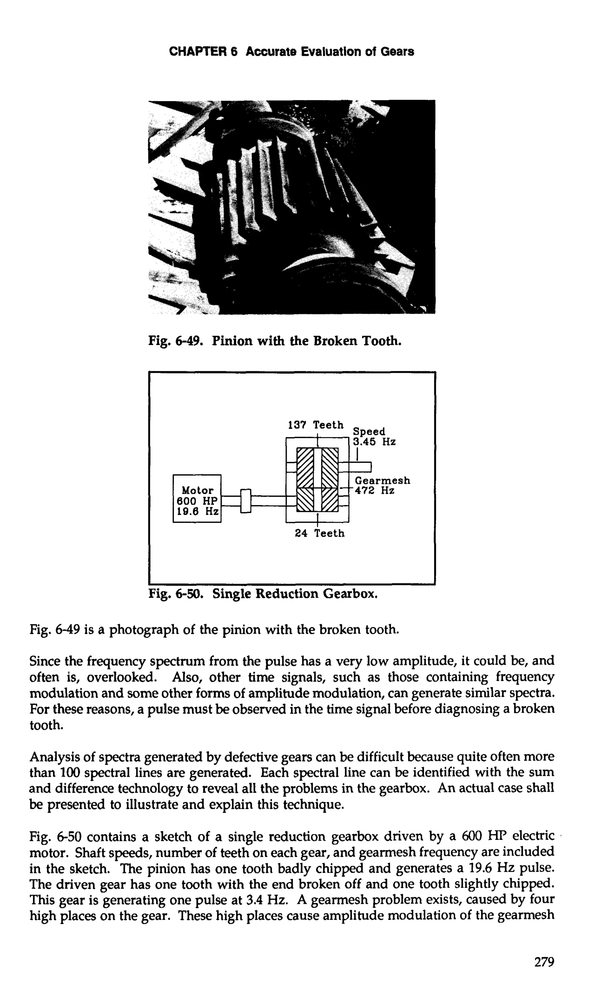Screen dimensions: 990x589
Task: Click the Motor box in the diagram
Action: click(197, 498)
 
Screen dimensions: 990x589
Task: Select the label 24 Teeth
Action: click(320, 533)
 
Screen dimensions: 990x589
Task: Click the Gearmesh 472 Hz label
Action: click(382, 486)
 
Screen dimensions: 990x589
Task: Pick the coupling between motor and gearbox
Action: click(246, 501)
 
